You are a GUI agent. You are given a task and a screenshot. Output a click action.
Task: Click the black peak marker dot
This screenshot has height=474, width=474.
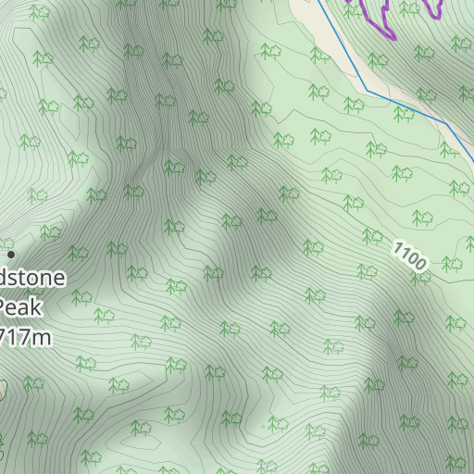click(x=11, y=254)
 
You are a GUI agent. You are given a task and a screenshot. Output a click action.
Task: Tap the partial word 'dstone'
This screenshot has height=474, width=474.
click(x=32, y=277)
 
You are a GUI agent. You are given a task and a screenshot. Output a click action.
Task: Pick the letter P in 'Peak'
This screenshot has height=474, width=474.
click(x=6, y=307)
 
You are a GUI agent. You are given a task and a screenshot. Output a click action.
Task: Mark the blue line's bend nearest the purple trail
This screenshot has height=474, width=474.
click(x=367, y=90)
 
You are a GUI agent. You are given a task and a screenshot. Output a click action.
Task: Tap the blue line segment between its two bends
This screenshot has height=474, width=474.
click(x=407, y=106)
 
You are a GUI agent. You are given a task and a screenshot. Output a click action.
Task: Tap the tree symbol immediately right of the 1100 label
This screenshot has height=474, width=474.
click(x=451, y=265)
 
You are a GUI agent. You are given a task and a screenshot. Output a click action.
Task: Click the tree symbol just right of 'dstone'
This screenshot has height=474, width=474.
click(x=77, y=252)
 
